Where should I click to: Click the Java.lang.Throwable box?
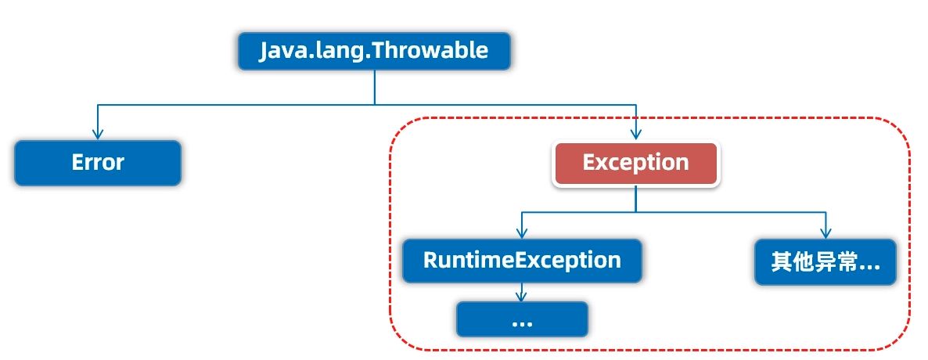374,51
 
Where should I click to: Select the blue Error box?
98,163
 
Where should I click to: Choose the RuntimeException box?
522,261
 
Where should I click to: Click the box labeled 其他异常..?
825,262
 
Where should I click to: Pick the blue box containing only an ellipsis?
522,320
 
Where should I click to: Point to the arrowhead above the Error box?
98,134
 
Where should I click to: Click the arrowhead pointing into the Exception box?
636,134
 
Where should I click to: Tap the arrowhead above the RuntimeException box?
521,232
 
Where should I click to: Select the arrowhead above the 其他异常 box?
825,232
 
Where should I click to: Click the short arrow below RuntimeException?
521,293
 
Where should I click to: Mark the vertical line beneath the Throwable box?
375,88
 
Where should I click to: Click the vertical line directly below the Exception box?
636,199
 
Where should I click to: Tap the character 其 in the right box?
782,262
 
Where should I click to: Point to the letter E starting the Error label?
77,162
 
